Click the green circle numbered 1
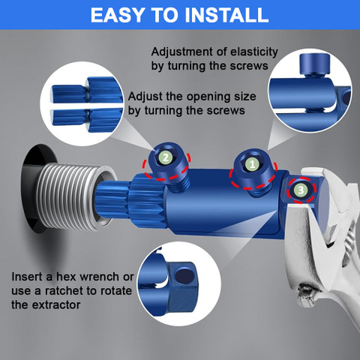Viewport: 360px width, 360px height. pyautogui.click(x=252, y=164)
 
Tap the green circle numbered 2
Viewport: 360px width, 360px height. pyautogui.click(x=166, y=157)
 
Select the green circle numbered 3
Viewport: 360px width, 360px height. pyautogui.click(x=301, y=190)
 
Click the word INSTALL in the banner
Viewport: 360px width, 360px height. pyautogui.click(x=226, y=15)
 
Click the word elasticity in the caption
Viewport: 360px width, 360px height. pyautogui.click(x=254, y=52)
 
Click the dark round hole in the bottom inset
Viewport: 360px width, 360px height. pyautogui.click(x=184, y=277)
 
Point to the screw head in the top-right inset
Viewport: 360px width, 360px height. pyautogui.click(x=315, y=64)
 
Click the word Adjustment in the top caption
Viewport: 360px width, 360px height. pyautogui.click(x=182, y=52)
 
